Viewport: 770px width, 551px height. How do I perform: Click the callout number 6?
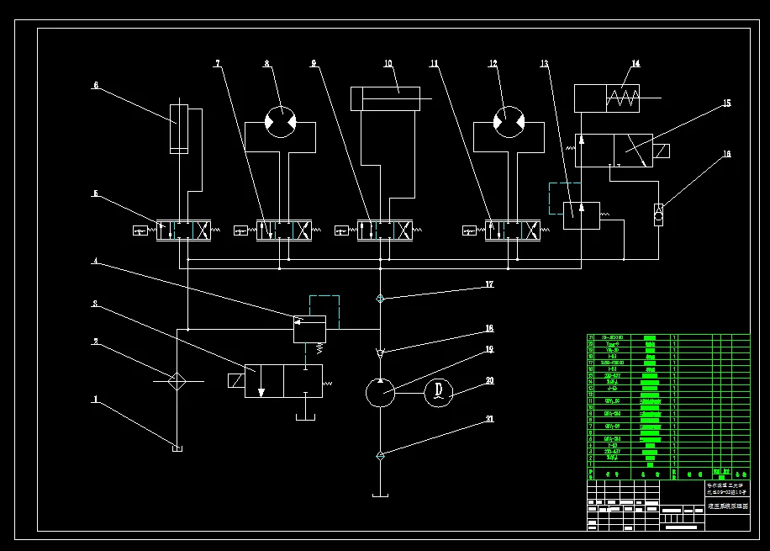[96, 84]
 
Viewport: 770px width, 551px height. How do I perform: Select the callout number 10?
[388, 63]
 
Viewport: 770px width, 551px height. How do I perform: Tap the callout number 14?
[636, 64]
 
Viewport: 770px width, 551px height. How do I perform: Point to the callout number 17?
[489, 285]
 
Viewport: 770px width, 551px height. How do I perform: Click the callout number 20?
[489, 380]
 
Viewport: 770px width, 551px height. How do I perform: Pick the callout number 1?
[96, 400]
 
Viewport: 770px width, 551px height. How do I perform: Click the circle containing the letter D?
[439, 392]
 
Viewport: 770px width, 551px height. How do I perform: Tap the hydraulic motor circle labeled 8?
[280, 123]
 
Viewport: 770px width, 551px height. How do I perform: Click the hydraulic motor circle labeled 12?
[508, 123]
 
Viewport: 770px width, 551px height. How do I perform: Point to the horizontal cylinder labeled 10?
[386, 99]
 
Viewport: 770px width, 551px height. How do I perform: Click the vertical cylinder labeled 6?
[180, 128]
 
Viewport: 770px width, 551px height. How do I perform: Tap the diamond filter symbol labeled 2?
[177, 381]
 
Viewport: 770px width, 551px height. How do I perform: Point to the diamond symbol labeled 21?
[381, 456]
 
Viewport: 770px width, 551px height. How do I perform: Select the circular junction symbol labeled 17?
[381, 298]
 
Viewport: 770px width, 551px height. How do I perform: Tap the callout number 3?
[96, 303]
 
